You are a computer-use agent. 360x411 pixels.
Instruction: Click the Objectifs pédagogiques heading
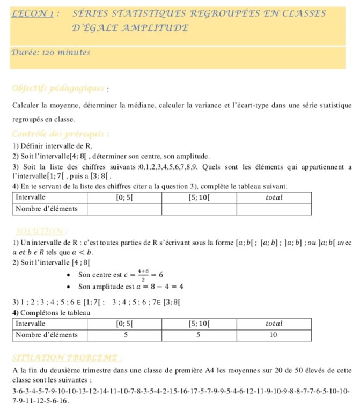pyautogui.click(x=51, y=89)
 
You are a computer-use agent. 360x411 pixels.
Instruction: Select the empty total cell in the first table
pyautogui.click(x=274, y=208)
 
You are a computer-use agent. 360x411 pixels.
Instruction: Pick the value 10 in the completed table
pyautogui.click(x=273, y=334)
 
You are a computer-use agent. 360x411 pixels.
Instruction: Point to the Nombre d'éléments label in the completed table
pyautogui.click(x=47, y=334)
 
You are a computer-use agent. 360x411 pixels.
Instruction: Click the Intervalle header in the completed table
pyautogui.click(x=31, y=324)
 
